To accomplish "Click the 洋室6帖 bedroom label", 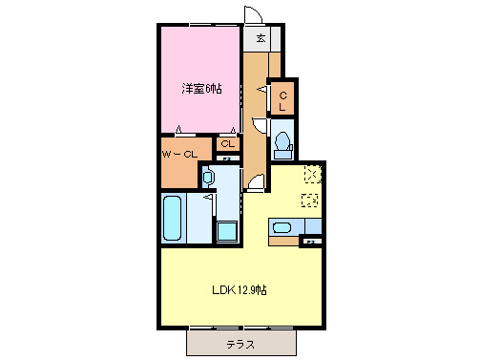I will tap(203, 88).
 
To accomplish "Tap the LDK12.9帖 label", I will tap(238, 290).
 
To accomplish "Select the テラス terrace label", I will tap(240, 343).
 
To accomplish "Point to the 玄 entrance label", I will tap(260, 38).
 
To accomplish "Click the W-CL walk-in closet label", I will tap(179, 153).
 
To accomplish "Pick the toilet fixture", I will tap(282, 143).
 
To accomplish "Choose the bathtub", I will tap(173, 219).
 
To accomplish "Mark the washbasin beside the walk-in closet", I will tap(209, 177).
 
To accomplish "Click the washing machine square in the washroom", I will tap(226, 232).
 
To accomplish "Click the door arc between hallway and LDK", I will tap(255, 184).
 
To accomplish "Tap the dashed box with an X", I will tap(312, 174).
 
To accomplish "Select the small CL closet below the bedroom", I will tap(226, 144).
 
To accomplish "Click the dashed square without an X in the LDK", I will tap(309, 200).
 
